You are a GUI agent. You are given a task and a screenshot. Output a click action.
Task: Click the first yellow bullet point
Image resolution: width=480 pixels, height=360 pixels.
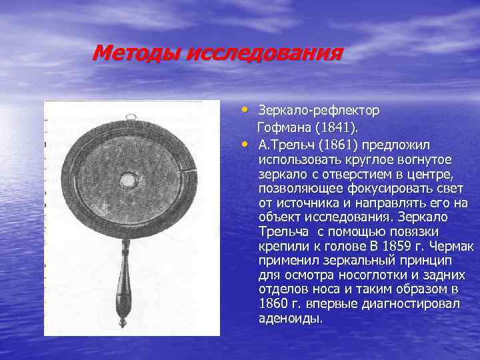point(246,109)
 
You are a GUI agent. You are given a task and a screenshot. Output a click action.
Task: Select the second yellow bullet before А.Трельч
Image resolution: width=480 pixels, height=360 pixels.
point(246,143)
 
